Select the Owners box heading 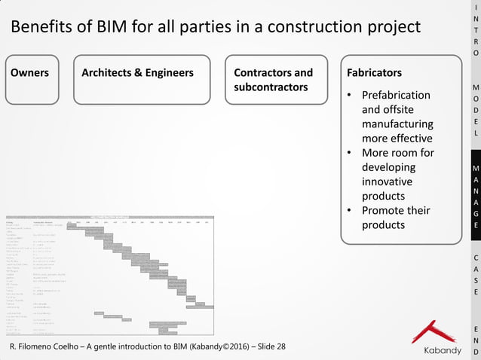30,73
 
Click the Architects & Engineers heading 137,73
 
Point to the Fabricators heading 374,73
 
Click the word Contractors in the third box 263,73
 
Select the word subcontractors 271,87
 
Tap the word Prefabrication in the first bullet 396,96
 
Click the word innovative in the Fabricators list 388,182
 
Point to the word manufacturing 397,124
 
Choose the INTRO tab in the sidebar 475,30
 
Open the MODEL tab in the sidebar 475,110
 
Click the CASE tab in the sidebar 475,274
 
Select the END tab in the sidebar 475,340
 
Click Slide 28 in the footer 269,346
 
